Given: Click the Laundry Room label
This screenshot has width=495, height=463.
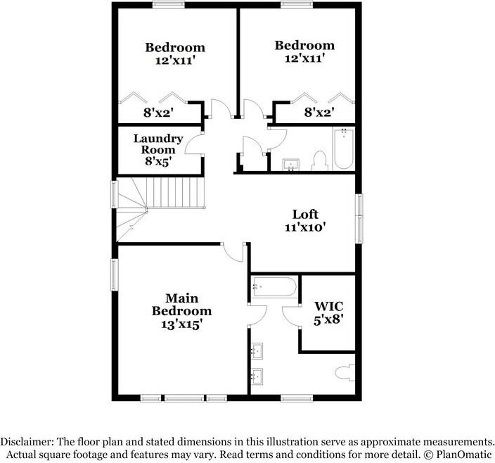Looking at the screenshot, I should pos(158,144).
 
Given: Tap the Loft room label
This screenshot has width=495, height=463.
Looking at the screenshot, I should pos(306,214).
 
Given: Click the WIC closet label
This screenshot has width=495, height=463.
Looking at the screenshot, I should pos(328,306).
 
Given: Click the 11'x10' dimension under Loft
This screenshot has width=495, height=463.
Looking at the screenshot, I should pos(306,227).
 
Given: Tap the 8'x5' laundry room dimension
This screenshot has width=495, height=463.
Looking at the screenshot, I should pos(158,161).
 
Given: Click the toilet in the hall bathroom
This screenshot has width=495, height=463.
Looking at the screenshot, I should pos(320,161).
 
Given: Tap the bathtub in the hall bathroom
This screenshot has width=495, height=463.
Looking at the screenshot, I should pos(344,149).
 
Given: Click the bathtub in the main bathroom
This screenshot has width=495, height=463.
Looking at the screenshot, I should pos(275,287).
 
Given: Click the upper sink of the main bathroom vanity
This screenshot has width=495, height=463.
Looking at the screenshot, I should pos(257,349).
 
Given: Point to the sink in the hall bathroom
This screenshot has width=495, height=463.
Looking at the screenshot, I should pos(292,165).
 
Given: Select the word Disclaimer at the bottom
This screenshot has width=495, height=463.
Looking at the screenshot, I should pos(30,440).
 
